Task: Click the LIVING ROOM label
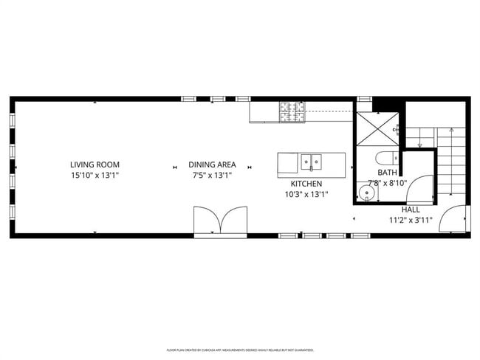pos(95,165)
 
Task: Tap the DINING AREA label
pos(212,165)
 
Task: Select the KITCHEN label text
pos(306,184)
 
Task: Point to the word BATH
pos(388,172)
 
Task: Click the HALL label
pos(411,210)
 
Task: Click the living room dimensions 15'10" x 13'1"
pos(95,176)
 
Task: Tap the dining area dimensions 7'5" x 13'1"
pos(212,176)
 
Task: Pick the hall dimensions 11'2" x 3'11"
pos(411,220)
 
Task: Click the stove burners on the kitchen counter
pos(292,111)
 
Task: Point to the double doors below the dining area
pos(220,220)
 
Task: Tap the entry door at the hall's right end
pos(453,219)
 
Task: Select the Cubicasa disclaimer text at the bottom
pos(240,350)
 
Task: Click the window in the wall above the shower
pos(364,99)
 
